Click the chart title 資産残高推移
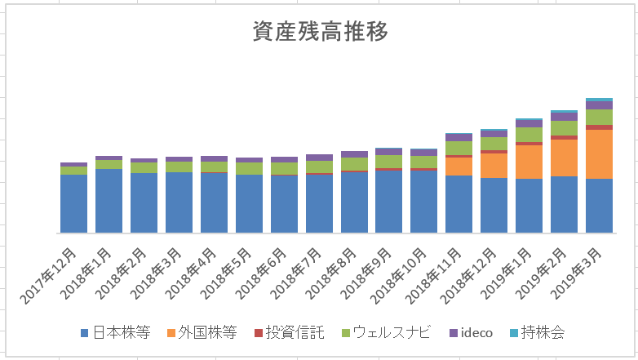point(319,31)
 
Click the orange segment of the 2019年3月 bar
point(599,153)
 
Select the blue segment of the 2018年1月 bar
point(109,201)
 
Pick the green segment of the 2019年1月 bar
point(529,135)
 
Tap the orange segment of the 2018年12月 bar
point(494,166)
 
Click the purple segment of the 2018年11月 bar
point(459,137)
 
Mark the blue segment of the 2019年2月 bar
point(564,204)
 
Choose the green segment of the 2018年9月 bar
point(388,161)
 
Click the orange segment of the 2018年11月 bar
point(459,167)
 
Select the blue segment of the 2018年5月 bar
point(249,203)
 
